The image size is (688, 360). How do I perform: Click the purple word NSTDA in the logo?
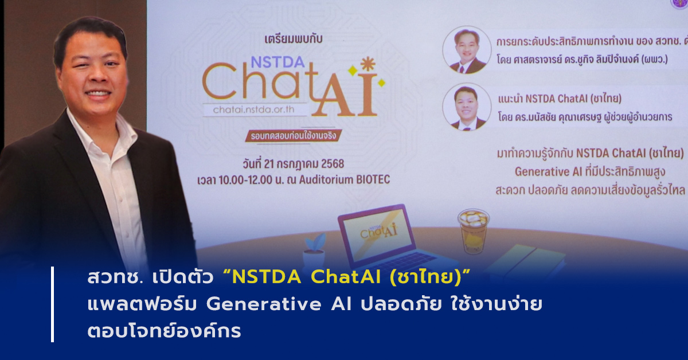point(277,62)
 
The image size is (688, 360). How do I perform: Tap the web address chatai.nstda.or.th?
point(253,109)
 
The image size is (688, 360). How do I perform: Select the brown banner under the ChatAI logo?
point(294,136)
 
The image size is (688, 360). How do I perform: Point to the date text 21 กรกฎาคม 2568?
point(304,164)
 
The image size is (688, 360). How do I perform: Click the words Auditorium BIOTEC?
point(345,179)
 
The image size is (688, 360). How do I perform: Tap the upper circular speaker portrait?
point(467,50)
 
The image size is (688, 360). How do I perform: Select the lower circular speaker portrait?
point(467,107)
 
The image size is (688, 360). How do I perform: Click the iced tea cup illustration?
point(474,231)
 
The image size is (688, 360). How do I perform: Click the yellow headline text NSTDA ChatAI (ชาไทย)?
point(347,277)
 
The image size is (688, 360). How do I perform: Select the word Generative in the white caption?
point(264,304)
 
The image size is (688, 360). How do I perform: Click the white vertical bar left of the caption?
point(53,304)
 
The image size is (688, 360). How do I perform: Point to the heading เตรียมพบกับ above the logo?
point(294,40)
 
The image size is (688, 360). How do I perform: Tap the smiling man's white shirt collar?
point(101,129)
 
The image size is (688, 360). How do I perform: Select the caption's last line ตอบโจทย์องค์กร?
point(165,331)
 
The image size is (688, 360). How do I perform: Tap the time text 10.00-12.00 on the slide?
point(246,179)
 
